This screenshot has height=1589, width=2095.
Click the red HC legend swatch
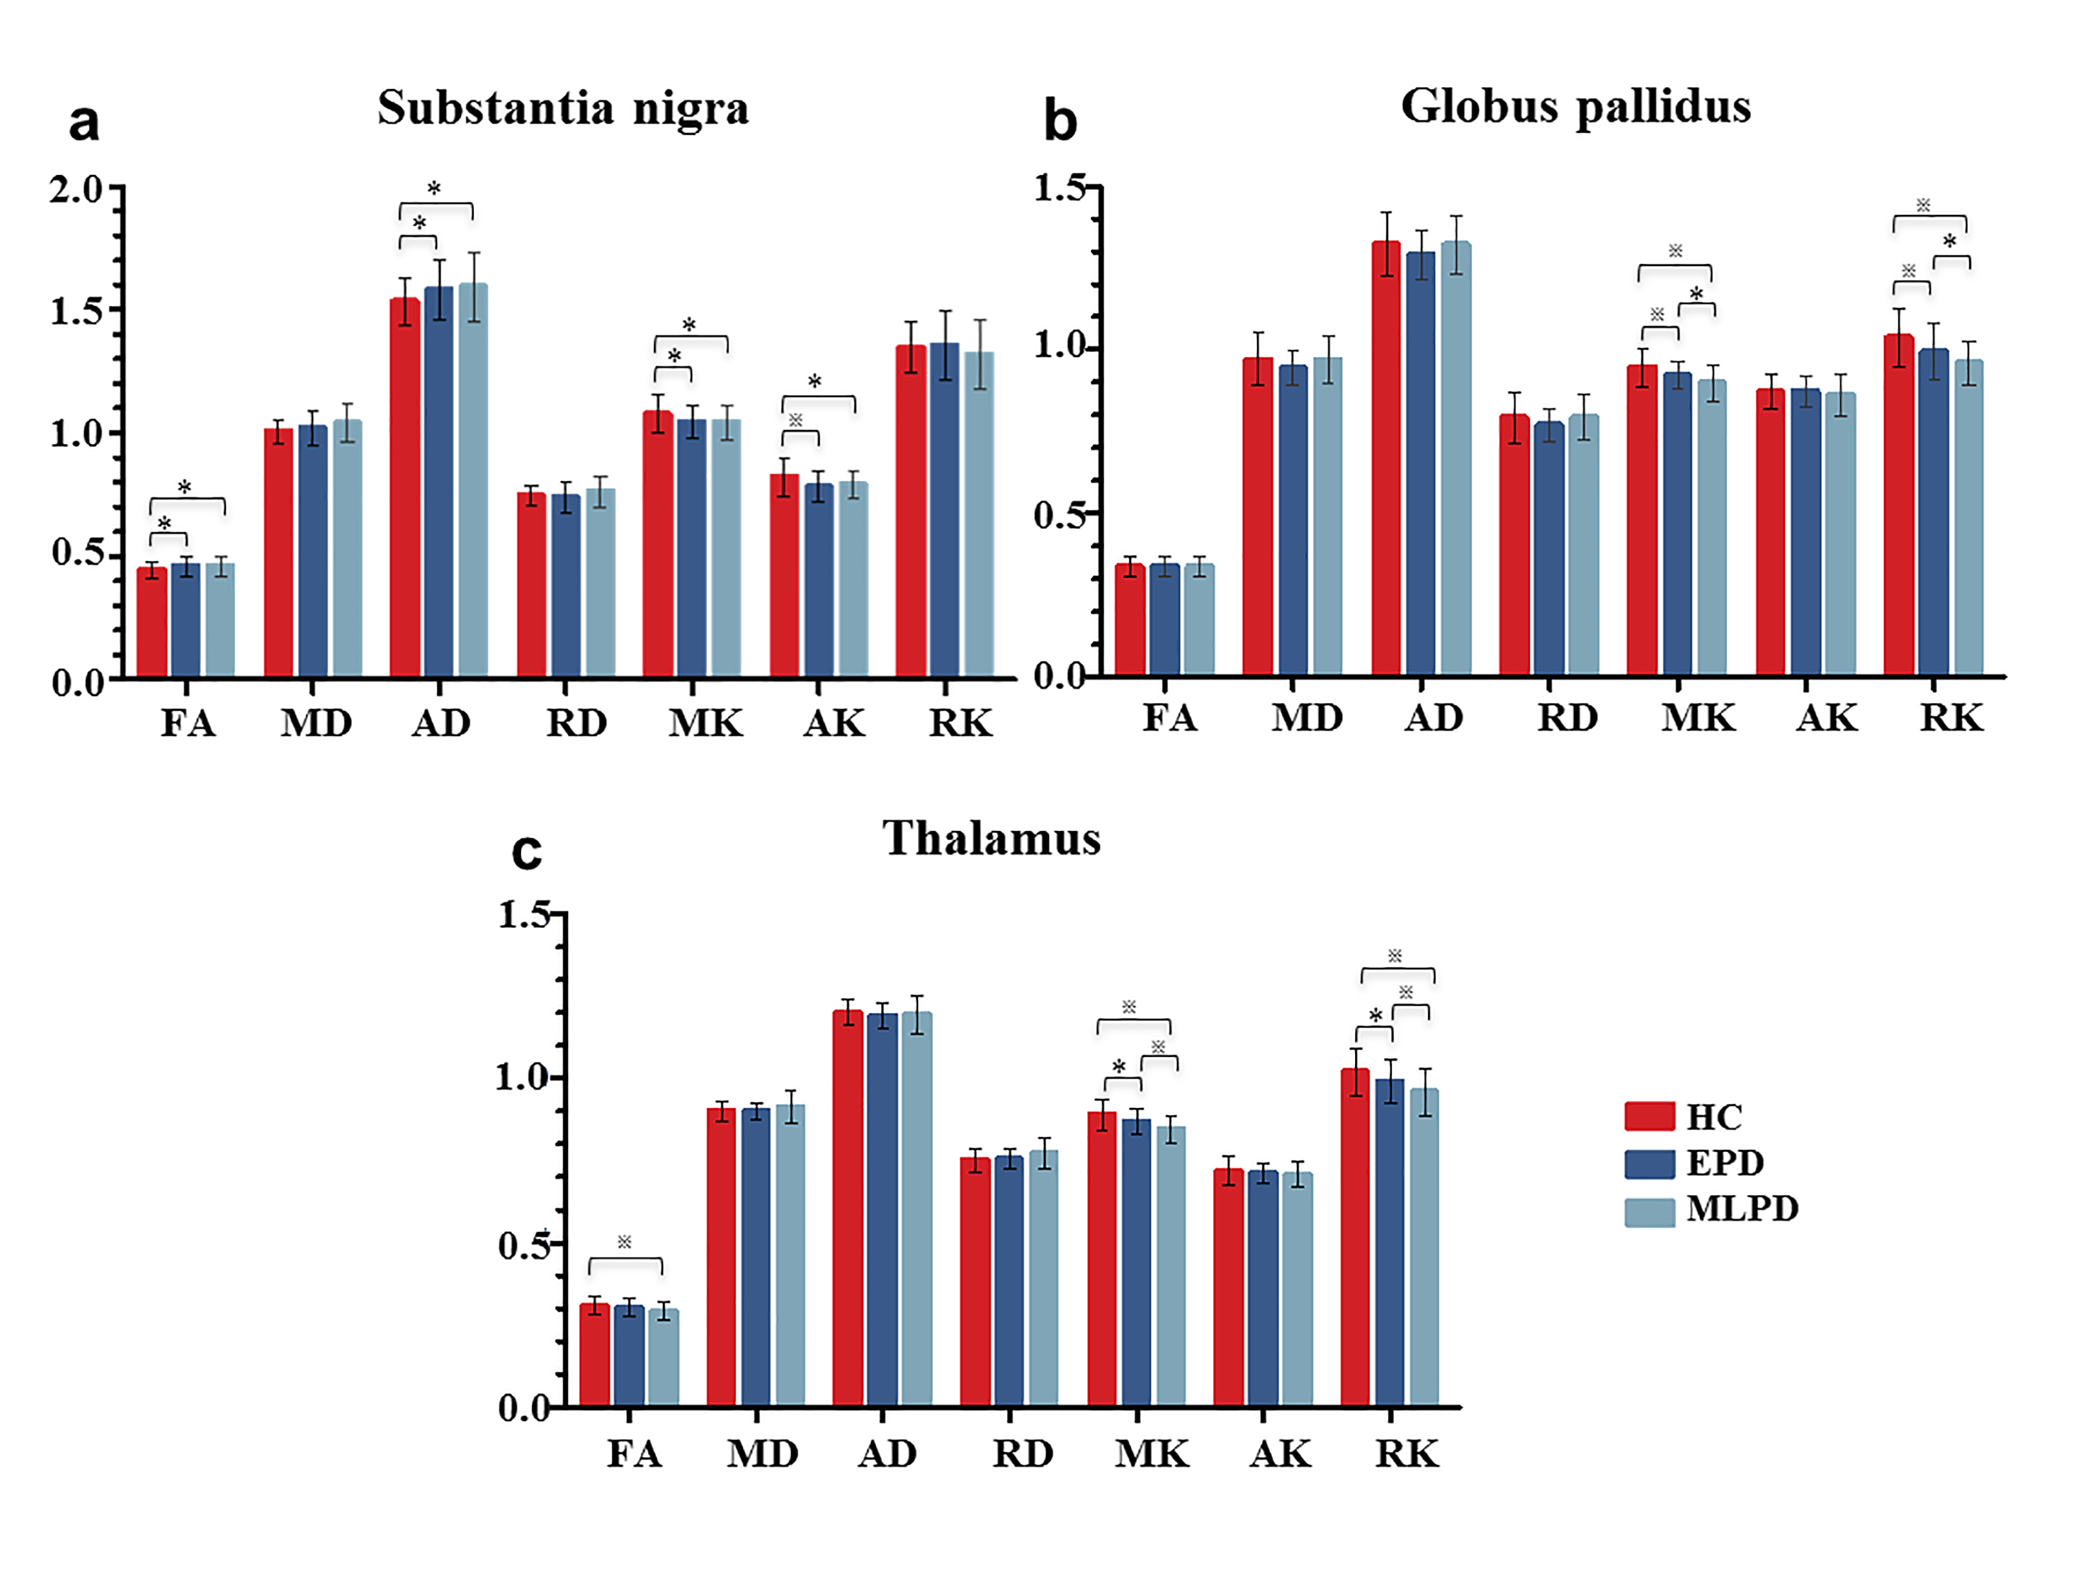(x=1649, y=1116)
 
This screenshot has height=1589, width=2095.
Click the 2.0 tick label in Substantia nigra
(x=76, y=190)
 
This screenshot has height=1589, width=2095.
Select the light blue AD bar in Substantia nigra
(x=474, y=480)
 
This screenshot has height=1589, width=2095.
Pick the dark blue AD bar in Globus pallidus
(x=1421, y=464)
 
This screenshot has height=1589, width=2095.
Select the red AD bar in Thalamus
(x=848, y=1208)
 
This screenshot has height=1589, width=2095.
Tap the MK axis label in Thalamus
(x=1151, y=1453)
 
